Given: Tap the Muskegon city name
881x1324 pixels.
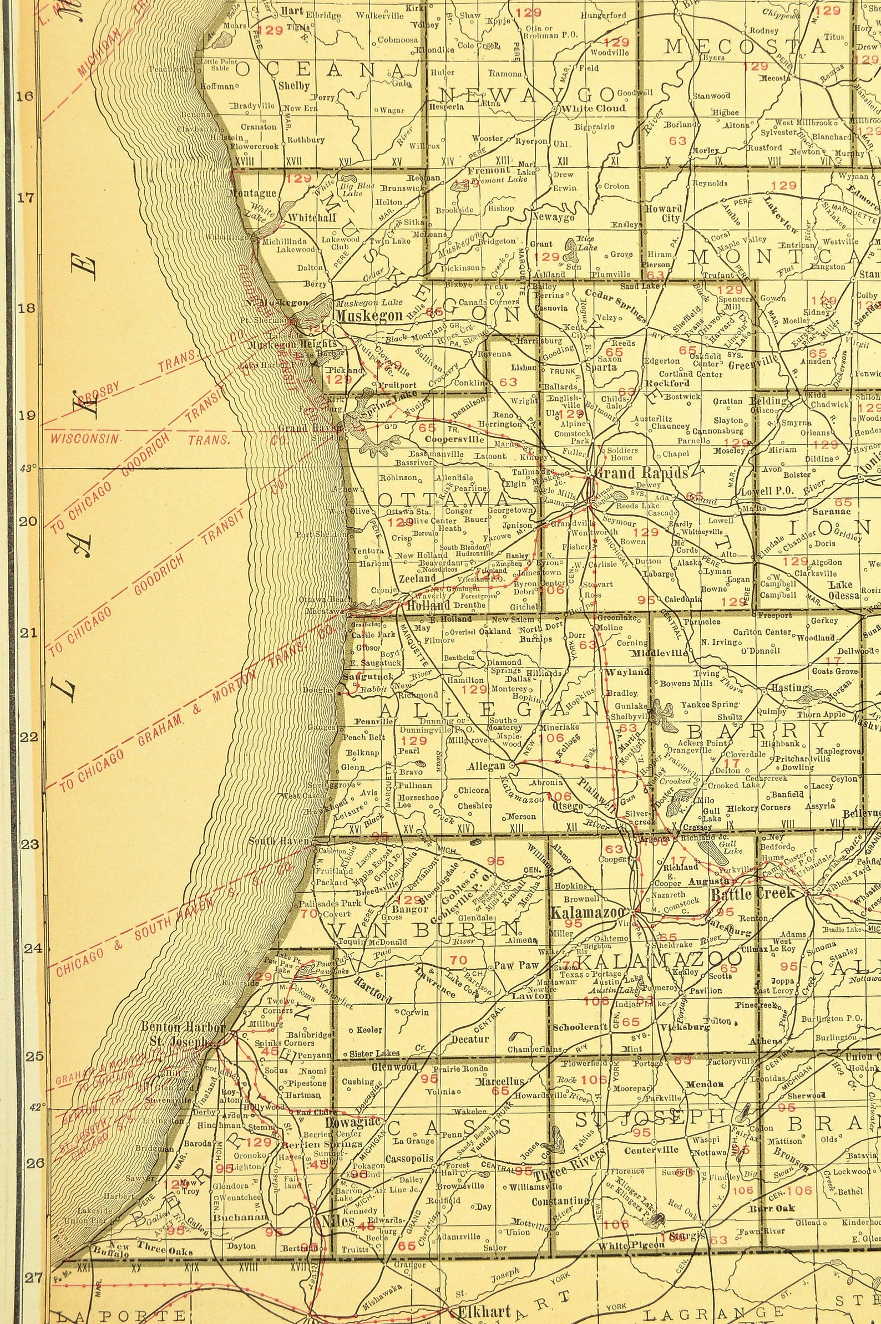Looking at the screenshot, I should pyautogui.click(x=369, y=315).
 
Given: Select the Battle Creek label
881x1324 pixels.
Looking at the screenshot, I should pyautogui.click(x=753, y=893).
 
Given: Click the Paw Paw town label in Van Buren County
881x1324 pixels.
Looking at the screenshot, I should pyautogui.click(x=516, y=966).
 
